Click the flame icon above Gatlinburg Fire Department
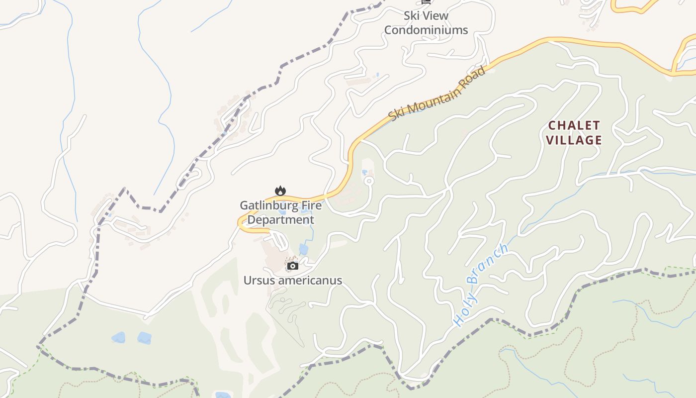click(x=280, y=191)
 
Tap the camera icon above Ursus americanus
click(x=293, y=266)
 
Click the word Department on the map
click(x=280, y=219)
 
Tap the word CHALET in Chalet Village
click(x=574, y=125)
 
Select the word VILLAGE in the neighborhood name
click(x=574, y=140)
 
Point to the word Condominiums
click(x=426, y=30)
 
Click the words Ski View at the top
click(x=426, y=16)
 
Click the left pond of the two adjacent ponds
click(x=118, y=338)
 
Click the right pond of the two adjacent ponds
click(x=144, y=338)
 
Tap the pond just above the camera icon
click(x=303, y=249)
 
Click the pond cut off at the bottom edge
click(x=223, y=395)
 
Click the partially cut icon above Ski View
click(x=426, y=2)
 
